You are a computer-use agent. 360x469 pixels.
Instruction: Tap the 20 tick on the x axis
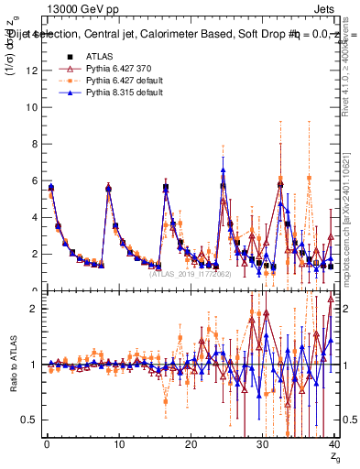(x=191, y=444)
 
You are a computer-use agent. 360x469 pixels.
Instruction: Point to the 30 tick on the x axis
(x=262, y=444)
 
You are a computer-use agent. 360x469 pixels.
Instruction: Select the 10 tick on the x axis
(x=118, y=444)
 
